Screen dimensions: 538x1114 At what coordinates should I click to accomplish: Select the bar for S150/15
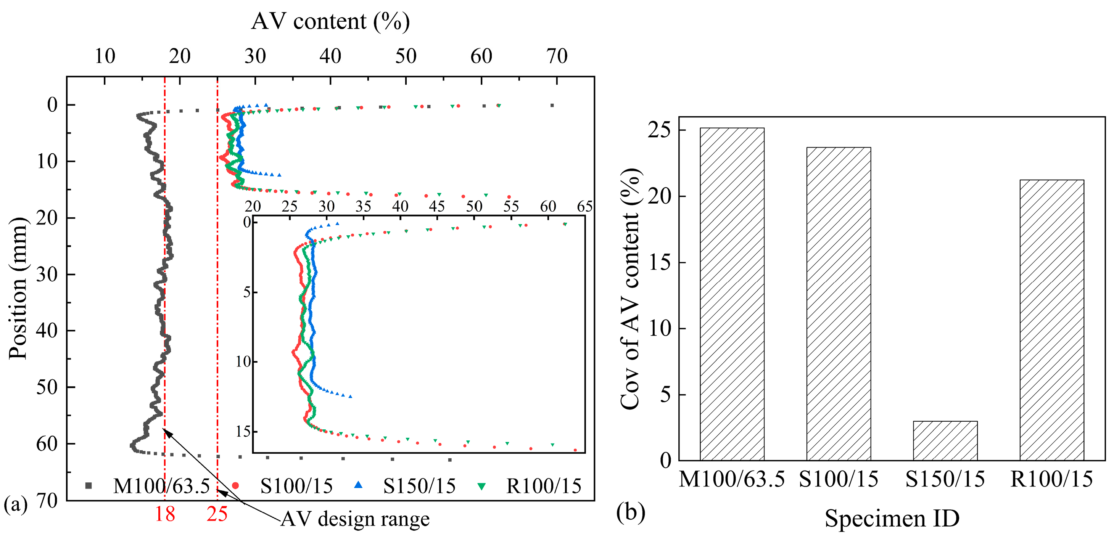pos(945,441)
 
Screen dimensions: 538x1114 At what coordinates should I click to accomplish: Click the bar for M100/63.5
pos(732,294)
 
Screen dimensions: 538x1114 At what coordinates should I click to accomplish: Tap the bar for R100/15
pos(1051,320)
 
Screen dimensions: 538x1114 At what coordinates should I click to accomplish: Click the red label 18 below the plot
pos(165,514)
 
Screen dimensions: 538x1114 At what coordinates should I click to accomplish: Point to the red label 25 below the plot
pos(217,514)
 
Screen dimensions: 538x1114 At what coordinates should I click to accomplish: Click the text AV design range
pos(355,519)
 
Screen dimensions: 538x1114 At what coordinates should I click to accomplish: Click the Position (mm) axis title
pos(18,288)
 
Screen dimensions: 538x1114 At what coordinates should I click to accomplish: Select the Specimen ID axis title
pos(892,518)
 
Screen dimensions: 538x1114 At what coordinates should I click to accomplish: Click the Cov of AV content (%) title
pos(631,289)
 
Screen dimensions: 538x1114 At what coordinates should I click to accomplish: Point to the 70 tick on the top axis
pos(557,56)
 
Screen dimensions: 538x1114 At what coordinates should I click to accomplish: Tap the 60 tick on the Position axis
pos(47,444)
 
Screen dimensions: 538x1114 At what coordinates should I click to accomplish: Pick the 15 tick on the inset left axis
pos(243,431)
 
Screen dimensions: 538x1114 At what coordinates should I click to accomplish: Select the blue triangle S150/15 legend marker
pos(358,485)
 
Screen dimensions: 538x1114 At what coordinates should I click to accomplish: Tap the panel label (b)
pos(631,512)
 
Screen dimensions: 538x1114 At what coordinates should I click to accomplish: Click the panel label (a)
pos(15,504)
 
